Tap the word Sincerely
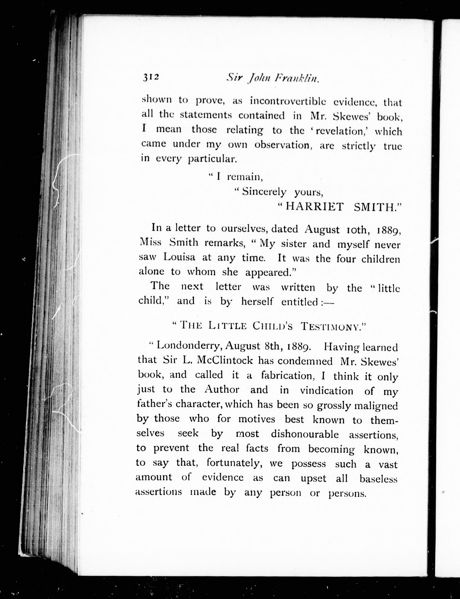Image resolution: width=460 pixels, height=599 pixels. tap(264, 192)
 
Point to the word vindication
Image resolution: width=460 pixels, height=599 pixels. tap(326, 390)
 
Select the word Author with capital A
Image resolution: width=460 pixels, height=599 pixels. tap(222, 389)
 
